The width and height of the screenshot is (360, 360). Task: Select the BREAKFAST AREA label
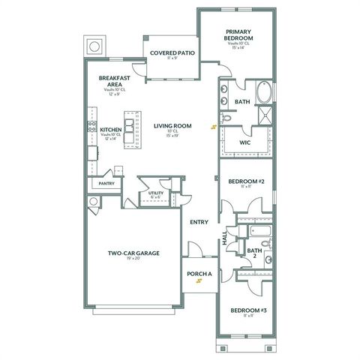[114, 80]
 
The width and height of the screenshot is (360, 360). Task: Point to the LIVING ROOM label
[172, 126]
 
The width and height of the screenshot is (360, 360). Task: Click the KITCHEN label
[111, 130]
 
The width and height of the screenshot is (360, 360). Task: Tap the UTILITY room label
[155, 193]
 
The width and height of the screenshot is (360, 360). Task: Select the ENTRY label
[199, 222]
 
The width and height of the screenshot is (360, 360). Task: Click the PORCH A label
[199, 274]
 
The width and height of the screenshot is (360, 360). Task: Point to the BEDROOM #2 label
[242, 182]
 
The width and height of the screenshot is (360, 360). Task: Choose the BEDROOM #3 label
[244, 310]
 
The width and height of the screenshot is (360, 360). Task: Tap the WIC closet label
[244, 142]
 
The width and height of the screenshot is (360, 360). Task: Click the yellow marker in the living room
[214, 127]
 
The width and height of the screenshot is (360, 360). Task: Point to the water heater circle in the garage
[92, 202]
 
